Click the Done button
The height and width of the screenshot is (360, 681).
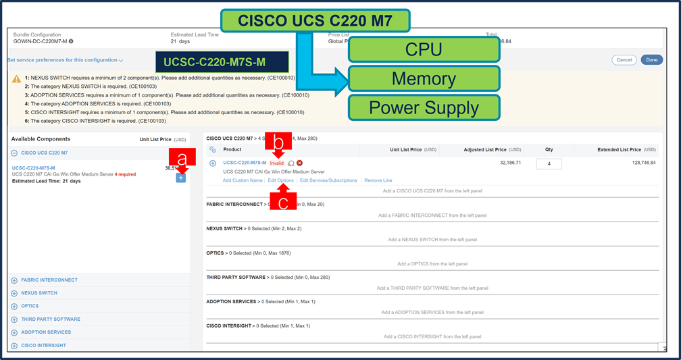651,60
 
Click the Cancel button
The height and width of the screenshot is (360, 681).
624,60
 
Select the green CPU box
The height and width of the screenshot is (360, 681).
424,49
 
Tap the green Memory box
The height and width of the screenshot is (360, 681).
424,78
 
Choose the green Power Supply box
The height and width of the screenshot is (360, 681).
424,107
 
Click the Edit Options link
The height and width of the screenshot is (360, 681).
280,180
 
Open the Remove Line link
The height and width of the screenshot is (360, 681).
378,180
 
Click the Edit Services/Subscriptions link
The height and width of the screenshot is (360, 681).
328,180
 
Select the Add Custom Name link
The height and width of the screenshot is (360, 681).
243,180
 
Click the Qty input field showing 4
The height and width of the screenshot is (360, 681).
549,164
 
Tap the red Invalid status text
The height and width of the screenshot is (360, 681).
277,163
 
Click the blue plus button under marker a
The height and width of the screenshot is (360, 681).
180,178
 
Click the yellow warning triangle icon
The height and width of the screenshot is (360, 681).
16,79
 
